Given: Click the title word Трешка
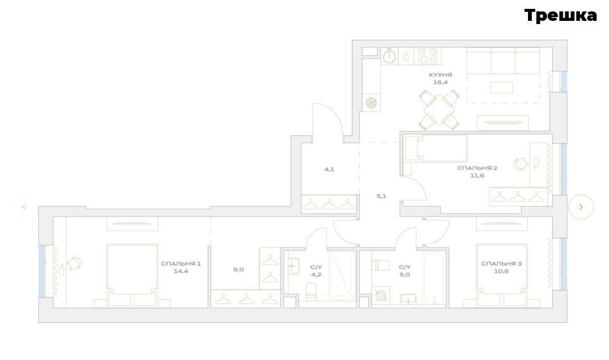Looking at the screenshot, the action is (560, 16).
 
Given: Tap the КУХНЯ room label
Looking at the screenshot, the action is (441, 75).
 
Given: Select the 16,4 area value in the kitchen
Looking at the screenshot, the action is (441, 82).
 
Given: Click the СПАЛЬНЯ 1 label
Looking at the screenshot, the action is (181, 264).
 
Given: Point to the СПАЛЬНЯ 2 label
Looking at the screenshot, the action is (477, 168).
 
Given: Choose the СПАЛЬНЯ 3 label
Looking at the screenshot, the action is (501, 264).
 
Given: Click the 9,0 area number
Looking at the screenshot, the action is (239, 270).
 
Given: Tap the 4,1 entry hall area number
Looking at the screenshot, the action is (329, 170).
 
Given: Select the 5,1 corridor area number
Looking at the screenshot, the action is (381, 196).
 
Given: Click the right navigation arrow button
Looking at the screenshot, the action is (581, 207).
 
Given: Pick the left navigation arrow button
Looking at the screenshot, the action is (24, 207).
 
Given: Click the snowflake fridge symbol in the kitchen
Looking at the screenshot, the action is (372, 103).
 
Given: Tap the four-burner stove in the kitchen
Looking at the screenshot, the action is (427, 56).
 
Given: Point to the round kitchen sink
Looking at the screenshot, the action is (389, 57).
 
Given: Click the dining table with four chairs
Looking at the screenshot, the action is (439, 110).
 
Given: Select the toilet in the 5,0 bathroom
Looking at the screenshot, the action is (380, 265).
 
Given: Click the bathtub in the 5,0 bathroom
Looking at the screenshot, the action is (434, 278).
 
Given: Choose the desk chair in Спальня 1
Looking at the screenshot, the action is (75, 263).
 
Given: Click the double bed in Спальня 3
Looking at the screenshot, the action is (501, 275).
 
